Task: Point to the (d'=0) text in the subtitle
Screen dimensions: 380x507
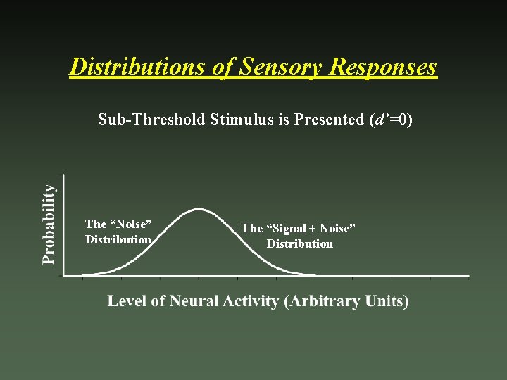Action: coord(390,120)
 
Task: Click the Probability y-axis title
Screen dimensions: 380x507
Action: coord(48,224)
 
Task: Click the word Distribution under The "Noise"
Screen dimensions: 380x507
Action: coord(118,240)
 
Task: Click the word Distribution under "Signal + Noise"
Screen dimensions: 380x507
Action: coord(299,244)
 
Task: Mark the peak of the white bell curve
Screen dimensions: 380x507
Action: coord(199,208)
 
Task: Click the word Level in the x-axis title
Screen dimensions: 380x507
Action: coord(126,301)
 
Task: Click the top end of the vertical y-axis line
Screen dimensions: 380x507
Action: coord(64,175)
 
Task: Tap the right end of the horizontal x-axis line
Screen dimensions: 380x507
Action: coord(469,276)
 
